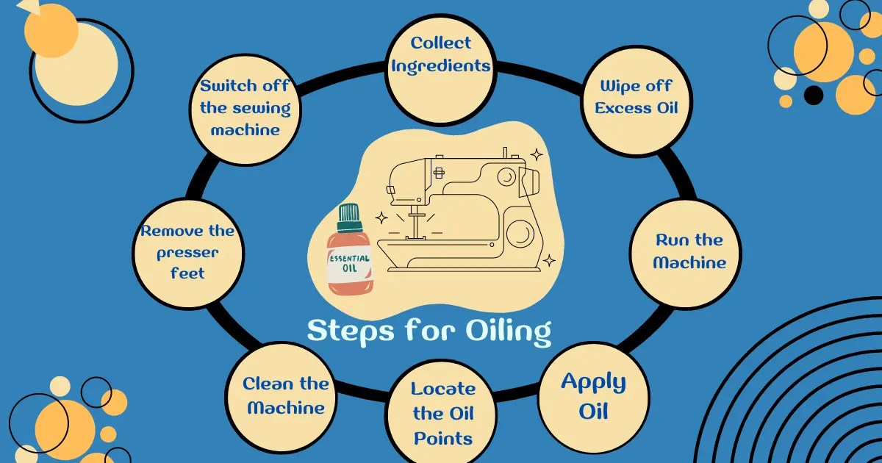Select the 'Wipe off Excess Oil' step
point(636,96)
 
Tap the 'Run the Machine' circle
point(689,251)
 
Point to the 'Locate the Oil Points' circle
point(442,413)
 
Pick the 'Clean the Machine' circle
point(286,395)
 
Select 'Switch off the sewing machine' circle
point(245,107)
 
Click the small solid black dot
point(813,95)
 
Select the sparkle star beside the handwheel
point(548,259)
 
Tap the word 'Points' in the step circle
point(442,439)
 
